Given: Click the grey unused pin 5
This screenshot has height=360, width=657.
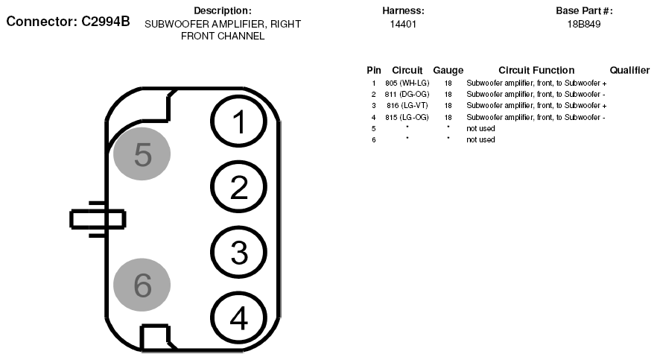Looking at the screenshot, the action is [142, 154].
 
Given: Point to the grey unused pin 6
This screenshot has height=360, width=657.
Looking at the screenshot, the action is [142, 285].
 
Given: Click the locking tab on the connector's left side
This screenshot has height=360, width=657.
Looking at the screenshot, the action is [98, 220].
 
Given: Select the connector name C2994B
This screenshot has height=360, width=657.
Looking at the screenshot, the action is [106, 22].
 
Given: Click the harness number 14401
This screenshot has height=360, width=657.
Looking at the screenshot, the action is [403, 25].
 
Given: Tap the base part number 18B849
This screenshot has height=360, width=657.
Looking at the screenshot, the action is [584, 25].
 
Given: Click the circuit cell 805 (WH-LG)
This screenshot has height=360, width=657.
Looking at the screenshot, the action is [407, 83].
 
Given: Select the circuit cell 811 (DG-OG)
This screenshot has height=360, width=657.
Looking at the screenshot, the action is [407, 95].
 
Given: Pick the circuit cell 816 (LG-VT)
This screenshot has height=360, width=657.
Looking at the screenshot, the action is [407, 106].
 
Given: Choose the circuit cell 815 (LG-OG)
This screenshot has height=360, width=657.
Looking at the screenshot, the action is [407, 117].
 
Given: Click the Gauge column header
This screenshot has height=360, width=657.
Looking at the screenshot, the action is [448, 70].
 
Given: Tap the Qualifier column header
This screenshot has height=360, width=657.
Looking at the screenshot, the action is [629, 70].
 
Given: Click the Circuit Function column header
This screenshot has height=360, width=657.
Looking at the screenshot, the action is [536, 70].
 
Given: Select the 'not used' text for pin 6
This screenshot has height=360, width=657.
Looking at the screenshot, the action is [480, 140].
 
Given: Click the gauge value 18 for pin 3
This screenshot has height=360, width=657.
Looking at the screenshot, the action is [448, 106].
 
